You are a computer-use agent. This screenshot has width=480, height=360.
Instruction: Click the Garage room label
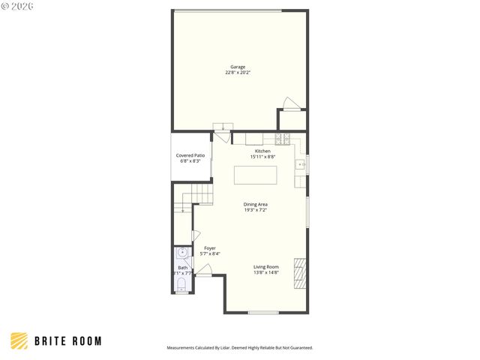238,67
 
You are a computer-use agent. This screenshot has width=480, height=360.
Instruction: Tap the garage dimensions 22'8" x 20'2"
238,73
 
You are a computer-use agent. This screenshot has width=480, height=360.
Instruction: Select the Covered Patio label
190,155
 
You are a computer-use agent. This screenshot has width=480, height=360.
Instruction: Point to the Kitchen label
262,151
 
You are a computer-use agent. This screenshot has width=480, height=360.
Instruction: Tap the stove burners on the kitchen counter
283,138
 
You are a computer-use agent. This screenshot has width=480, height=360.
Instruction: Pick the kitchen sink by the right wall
300,163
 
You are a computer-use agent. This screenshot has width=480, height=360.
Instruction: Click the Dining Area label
256,204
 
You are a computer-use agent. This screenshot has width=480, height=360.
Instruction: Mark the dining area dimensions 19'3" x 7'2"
256,210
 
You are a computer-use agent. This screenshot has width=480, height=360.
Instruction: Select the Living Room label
265,267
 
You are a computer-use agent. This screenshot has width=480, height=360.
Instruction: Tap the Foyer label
209,248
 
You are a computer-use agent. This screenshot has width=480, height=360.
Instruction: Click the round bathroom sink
182,253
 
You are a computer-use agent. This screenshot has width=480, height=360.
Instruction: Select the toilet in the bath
182,283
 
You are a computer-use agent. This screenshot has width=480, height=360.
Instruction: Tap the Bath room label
183,268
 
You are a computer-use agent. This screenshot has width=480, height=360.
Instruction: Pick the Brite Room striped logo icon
19,340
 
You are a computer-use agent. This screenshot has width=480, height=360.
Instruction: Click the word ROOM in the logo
86,341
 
